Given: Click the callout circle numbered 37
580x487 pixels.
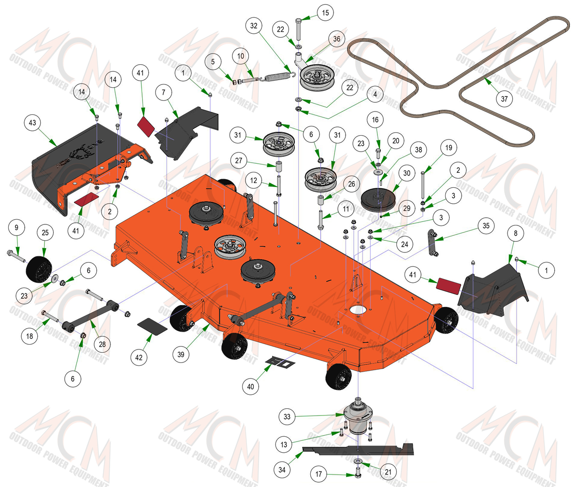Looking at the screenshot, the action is (504, 99).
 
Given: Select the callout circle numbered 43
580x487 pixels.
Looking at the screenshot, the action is (32, 123).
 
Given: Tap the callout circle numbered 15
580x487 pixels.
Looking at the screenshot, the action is (325, 13).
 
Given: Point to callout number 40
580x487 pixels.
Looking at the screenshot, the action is (250, 386).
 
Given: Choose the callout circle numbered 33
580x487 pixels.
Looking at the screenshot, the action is (287, 416).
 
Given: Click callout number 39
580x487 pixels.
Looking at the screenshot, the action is (181, 354).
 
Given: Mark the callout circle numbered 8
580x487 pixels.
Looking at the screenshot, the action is (516, 233).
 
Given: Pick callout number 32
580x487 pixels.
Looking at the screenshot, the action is (254, 26).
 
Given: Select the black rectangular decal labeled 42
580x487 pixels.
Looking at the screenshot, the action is (152, 326).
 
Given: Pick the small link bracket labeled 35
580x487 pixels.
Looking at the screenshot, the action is (433, 243).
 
